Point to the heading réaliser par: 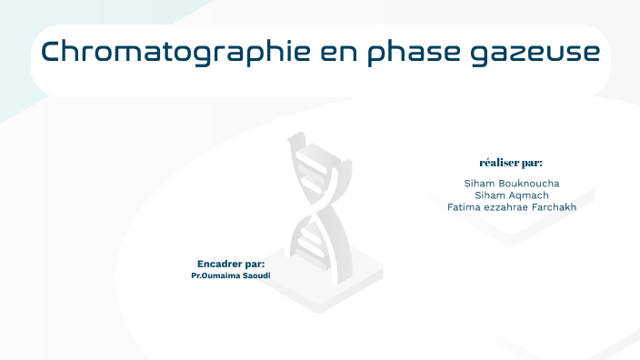(x=511, y=163)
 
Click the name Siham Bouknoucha (x=511, y=183)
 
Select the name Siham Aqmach (x=511, y=195)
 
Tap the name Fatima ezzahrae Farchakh (x=511, y=206)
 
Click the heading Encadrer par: (x=231, y=263)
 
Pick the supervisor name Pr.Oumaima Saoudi (x=231, y=275)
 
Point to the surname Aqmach (x=527, y=195)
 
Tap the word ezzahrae (x=502, y=206)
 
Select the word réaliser (x=499, y=163)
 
